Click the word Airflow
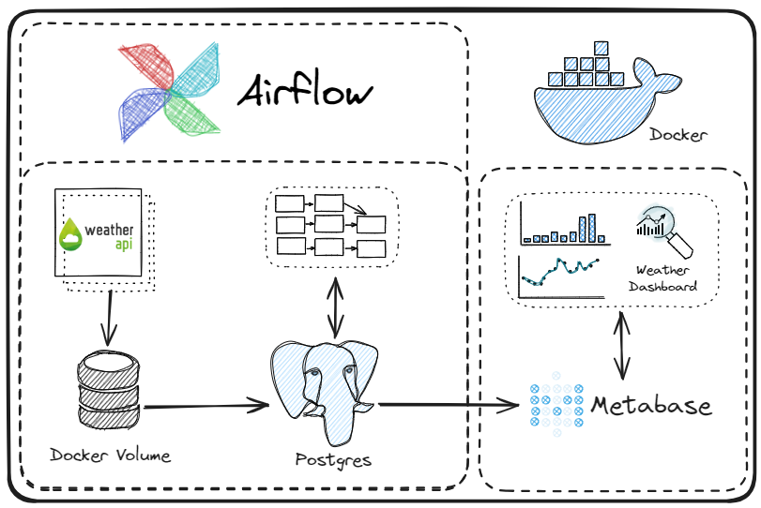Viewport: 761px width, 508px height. pyautogui.click(x=305, y=92)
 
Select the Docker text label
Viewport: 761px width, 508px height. pyautogui.click(x=677, y=136)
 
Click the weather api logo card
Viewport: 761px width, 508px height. pyautogui.click(x=100, y=233)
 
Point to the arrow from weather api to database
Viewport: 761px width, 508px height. pyautogui.click(x=110, y=317)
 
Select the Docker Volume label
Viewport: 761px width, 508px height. pyautogui.click(x=111, y=456)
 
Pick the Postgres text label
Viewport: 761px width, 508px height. pyautogui.click(x=332, y=459)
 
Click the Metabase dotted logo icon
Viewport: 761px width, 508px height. pyautogui.click(x=556, y=406)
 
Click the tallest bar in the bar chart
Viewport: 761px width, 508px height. pyautogui.click(x=592, y=228)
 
